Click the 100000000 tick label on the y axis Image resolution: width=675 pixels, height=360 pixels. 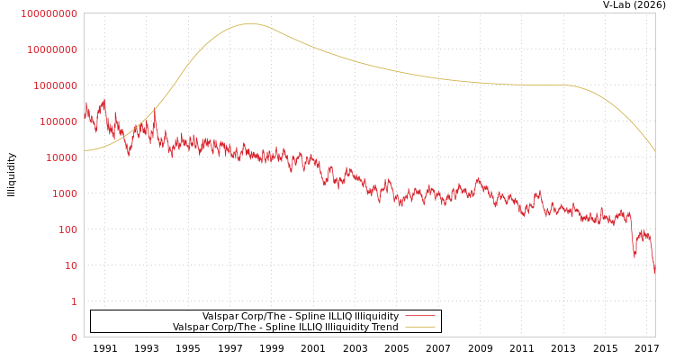(x=49, y=13)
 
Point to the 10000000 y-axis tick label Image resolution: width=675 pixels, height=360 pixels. (x=52, y=49)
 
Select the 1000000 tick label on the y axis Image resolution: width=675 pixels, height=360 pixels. (x=55, y=85)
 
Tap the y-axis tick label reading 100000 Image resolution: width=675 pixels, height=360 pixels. (x=58, y=121)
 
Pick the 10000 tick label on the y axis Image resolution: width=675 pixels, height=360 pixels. (x=60, y=157)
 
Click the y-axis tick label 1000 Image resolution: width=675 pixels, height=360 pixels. (x=63, y=193)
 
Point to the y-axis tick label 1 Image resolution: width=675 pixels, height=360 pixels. (x=74, y=301)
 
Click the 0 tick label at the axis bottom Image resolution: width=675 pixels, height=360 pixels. (x=74, y=337)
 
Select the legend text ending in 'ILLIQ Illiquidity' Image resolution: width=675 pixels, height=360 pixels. (x=301, y=317)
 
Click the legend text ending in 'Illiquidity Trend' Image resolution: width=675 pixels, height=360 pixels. (x=285, y=328)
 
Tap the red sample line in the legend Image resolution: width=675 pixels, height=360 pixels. (x=420, y=317)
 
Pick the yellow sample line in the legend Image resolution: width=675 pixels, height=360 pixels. (x=420, y=328)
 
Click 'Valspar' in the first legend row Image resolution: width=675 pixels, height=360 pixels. (x=220, y=317)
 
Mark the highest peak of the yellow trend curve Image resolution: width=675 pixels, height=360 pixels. (x=250, y=23)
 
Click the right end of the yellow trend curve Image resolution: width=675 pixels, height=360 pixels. (x=654, y=150)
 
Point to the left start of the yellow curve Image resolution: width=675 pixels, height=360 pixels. (x=85, y=150)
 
